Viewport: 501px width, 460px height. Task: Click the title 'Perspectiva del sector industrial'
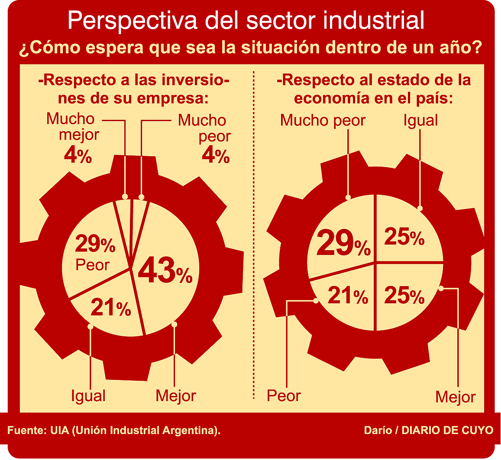point(246,21)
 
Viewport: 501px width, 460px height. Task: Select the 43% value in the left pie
point(165,271)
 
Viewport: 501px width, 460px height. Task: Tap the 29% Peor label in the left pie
point(95,254)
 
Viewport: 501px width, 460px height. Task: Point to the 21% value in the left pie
point(110,308)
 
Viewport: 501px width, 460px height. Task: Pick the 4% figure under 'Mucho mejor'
point(78,155)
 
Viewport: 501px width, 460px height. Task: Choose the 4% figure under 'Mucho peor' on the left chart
point(215,156)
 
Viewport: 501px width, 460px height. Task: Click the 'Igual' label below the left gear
point(88,396)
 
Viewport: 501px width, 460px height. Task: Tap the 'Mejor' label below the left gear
point(176,396)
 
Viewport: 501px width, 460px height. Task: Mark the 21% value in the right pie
point(348,296)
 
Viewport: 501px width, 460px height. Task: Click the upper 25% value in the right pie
point(404,237)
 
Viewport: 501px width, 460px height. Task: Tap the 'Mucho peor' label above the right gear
point(323,120)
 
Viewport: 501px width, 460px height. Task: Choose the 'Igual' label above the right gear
point(420,120)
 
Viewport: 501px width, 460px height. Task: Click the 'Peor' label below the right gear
point(284,396)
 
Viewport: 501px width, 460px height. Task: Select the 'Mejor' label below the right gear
point(456,397)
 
